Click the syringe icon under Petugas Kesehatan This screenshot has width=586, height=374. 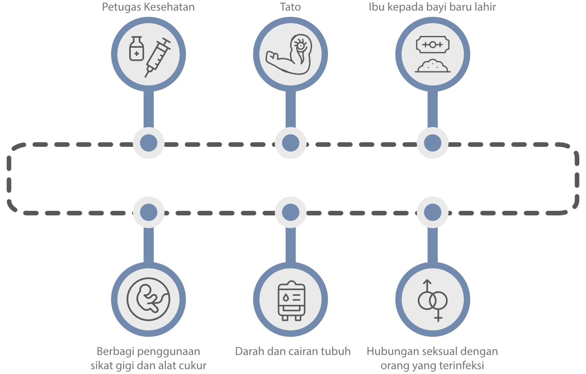click(x=157, y=58)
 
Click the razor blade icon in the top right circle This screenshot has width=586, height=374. click(x=432, y=45)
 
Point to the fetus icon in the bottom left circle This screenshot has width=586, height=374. click(x=149, y=299)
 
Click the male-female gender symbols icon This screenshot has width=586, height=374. click(x=432, y=300)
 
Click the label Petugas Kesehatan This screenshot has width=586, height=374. click(x=148, y=8)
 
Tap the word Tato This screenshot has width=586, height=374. click(x=290, y=8)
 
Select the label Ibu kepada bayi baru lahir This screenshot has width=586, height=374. click(x=432, y=8)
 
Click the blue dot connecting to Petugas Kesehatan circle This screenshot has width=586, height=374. click(x=149, y=143)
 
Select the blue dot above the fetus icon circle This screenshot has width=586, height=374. click(x=149, y=212)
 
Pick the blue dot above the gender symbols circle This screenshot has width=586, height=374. click(x=432, y=212)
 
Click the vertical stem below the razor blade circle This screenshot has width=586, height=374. click(x=432, y=109)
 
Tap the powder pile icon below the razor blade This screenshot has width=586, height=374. click(x=432, y=66)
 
